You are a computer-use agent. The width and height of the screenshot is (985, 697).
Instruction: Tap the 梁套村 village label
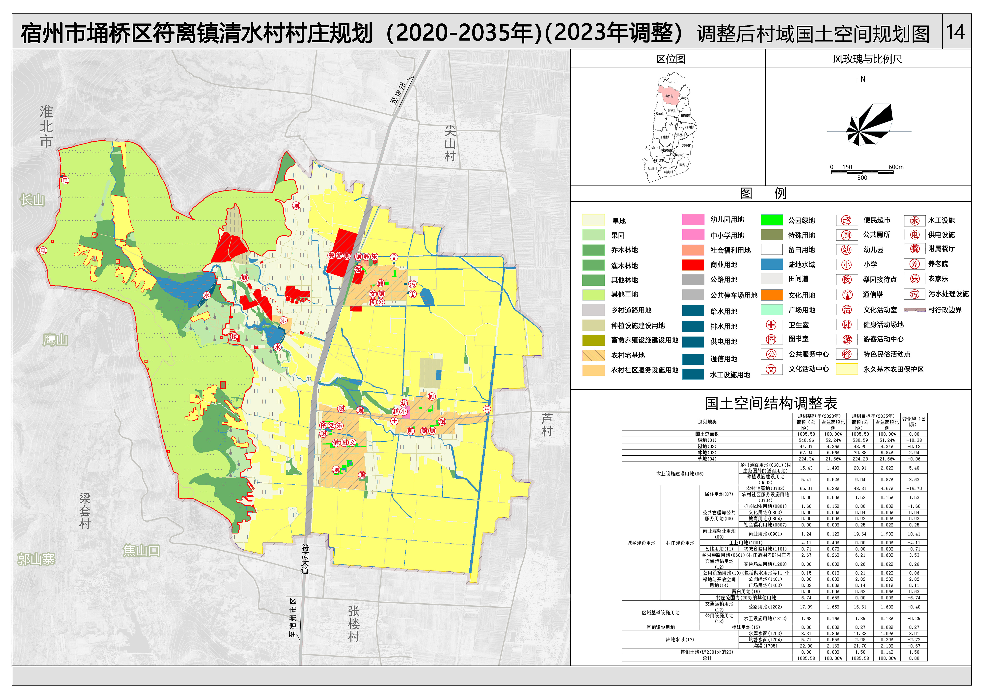point(85,511)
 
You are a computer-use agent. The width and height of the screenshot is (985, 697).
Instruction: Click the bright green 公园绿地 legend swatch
point(771,220)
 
